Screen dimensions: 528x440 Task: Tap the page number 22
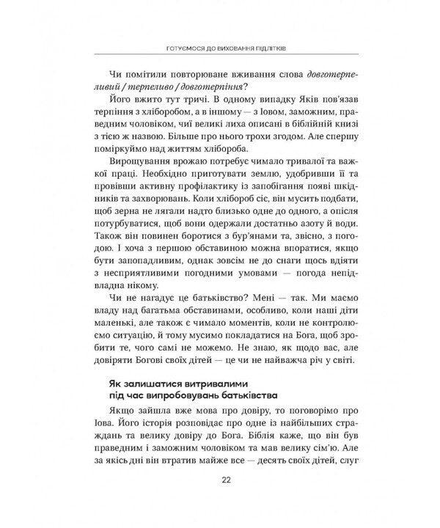(220, 501)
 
